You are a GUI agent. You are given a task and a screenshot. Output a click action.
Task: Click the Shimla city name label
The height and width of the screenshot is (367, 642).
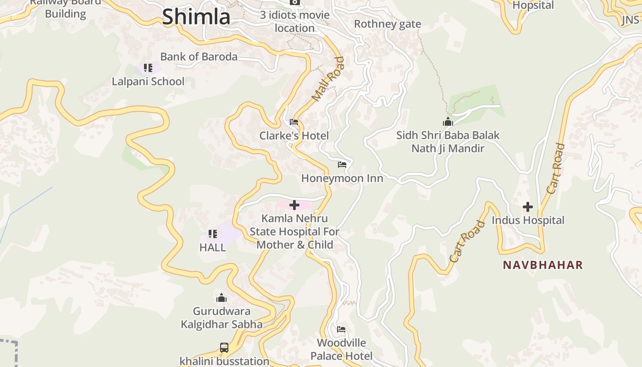196,17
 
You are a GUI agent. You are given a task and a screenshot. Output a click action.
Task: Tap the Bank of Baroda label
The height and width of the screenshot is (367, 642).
199,57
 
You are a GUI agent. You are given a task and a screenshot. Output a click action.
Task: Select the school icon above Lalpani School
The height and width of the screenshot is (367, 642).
148,68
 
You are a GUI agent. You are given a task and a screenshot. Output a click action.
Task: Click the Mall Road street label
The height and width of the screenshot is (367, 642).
327,79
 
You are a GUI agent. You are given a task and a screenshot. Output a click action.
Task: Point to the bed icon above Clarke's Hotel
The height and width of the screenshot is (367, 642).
294,122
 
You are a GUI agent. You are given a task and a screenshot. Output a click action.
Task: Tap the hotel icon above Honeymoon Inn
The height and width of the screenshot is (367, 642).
342,164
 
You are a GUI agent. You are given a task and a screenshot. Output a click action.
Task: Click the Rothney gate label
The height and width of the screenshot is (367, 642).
387,24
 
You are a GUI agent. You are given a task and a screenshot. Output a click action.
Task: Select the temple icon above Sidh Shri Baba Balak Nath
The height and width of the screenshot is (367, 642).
448,122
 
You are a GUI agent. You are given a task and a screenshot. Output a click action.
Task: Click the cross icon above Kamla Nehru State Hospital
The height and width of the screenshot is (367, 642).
294,205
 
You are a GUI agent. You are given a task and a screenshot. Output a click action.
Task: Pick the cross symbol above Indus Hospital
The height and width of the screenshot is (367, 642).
528,207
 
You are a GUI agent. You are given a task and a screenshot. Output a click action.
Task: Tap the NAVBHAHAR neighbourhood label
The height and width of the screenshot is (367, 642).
542,265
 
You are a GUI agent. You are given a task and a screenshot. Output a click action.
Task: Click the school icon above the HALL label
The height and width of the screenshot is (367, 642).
212,234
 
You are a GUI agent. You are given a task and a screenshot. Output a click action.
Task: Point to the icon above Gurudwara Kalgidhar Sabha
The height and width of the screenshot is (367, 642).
221,298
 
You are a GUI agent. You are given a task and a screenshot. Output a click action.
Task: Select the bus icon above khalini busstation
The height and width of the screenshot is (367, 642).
224,347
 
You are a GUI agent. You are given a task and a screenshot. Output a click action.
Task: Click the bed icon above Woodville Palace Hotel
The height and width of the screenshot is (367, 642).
341,329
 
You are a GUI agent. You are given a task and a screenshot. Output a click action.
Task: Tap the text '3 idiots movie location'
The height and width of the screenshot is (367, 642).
295,22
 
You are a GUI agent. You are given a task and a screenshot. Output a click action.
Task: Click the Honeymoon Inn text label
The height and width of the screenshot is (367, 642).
342,178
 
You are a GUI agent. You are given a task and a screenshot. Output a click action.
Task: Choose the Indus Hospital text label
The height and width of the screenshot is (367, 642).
528,220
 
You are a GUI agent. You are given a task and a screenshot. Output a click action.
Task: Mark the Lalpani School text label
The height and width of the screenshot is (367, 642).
148,82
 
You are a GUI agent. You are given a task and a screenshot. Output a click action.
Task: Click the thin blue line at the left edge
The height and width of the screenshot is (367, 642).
28,202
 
